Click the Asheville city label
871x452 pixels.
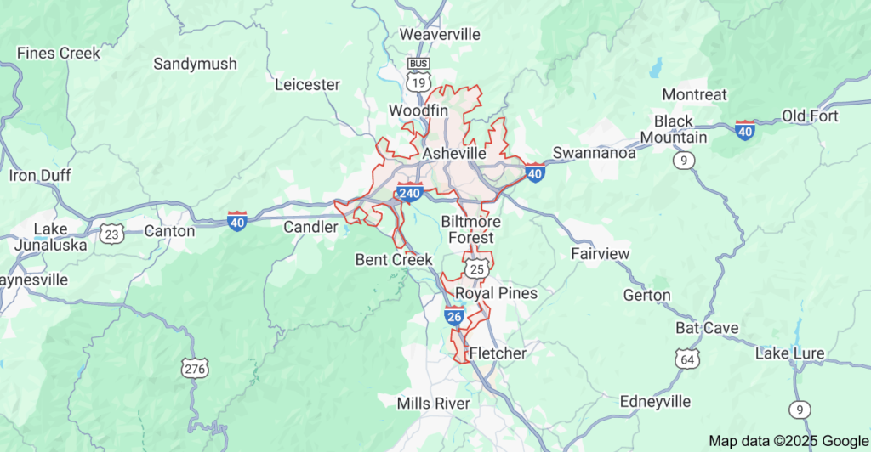454,154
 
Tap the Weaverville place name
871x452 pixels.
440,35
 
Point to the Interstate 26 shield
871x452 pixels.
453,317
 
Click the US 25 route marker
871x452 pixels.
476,268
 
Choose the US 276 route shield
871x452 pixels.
194,368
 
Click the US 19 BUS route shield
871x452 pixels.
417,76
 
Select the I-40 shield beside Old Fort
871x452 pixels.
745,130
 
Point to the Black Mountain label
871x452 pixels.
680,129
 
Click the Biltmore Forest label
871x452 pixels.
470,229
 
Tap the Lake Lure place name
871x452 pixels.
789,353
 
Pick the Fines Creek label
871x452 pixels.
58,54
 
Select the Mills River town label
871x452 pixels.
434,403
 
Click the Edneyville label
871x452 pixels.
655,401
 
